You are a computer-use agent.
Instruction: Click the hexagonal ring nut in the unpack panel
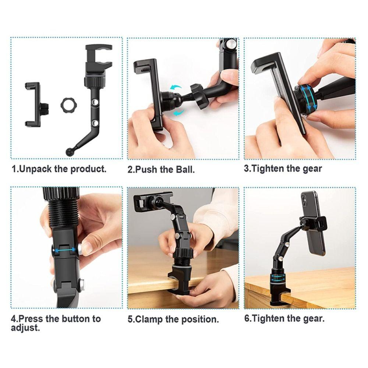68,106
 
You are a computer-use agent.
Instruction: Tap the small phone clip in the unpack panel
33,104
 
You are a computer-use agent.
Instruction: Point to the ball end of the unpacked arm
69,151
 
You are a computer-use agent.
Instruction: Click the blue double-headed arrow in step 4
66,250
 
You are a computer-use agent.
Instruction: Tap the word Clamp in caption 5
149,319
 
